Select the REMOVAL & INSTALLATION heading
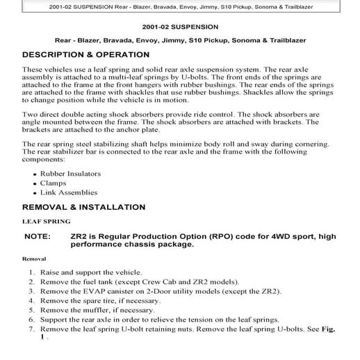click(84, 207)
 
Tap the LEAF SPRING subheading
click(46, 222)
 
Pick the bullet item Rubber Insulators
click(70, 174)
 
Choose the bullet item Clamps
click(55, 183)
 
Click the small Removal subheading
click(35, 259)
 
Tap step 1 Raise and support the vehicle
click(91, 272)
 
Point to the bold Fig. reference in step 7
click(327, 329)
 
